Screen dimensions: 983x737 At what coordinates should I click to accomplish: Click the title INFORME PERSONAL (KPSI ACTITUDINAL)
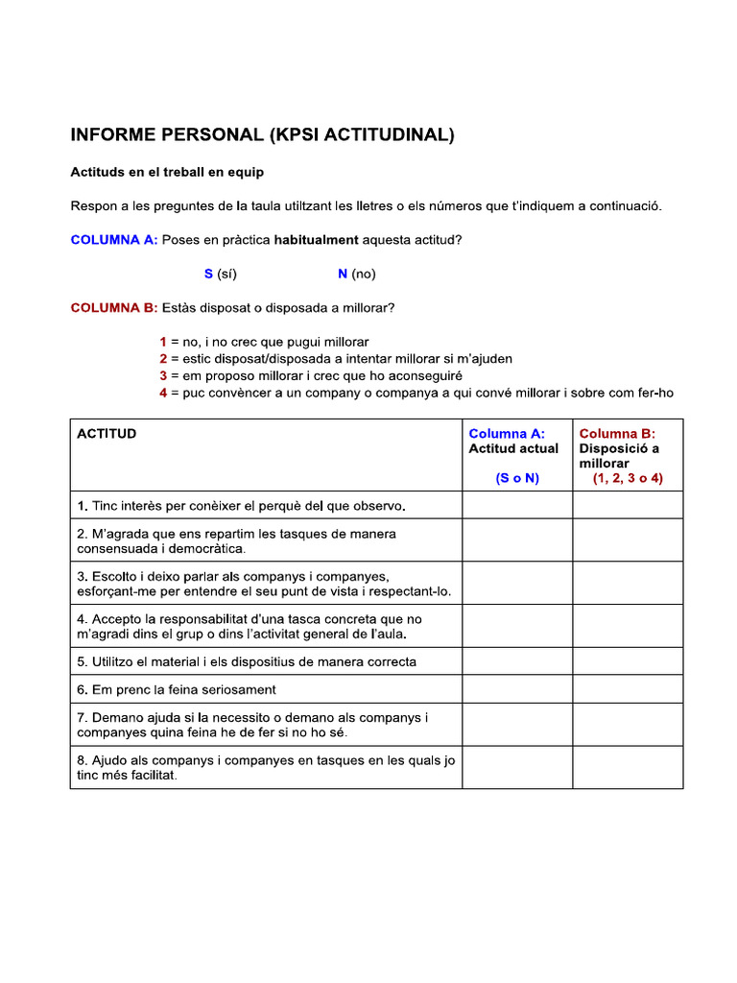pyautogui.click(x=262, y=135)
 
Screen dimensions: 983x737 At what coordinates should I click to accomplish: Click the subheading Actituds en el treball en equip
pyautogui.click(x=167, y=173)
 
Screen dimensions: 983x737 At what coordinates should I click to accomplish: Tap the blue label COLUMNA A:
pyautogui.click(x=114, y=240)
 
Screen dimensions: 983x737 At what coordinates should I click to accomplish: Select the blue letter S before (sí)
pyautogui.click(x=208, y=275)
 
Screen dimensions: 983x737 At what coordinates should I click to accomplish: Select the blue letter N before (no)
pyautogui.click(x=343, y=275)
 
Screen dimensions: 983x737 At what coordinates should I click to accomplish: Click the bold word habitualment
pyautogui.click(x=316, y=240)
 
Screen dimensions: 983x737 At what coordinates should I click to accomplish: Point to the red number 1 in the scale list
pyautogui.click(x=164, y=342)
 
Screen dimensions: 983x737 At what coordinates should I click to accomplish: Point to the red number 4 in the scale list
pyautogui.click(x=164, y=393)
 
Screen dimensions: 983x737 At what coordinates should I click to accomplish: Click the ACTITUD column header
pyautogui.click(x=107, y=434)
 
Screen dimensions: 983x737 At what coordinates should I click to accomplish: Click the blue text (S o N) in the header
pyautogui.click(x=517, y=478)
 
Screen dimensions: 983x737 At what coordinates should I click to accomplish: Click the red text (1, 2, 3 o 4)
pyautogui.click(x=628, y=478)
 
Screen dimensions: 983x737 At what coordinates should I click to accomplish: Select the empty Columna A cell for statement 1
pyautogui.click(x=517, y=505)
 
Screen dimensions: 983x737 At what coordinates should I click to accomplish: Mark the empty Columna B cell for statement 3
pyautogui.click(x=628, y=584)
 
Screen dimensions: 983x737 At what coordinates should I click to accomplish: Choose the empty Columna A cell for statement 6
pyautogui.click(x=517, y=689)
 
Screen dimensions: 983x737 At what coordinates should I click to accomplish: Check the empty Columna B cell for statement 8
pyautogui.click(x=628, y=768)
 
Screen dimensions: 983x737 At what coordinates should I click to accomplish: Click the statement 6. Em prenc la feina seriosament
pyautogui.click(x=177, y=689)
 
